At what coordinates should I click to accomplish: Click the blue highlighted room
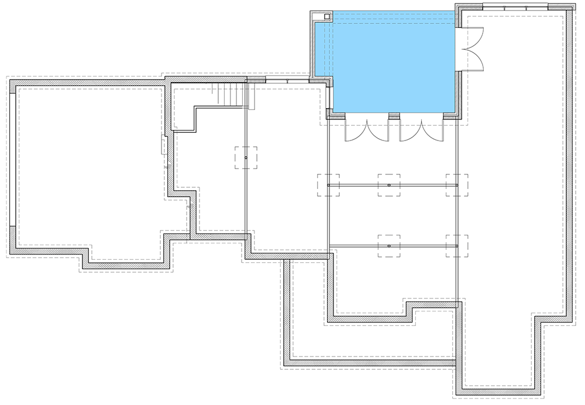[392, 64]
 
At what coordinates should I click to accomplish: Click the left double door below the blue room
[366, 130]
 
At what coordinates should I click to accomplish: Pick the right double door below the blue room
[422, 130]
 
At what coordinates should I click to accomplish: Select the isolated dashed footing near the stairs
[246, 158]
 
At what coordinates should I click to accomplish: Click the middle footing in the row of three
[389, 185]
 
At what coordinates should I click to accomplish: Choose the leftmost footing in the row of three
[328, 185]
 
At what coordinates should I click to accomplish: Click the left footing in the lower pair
[389, 246]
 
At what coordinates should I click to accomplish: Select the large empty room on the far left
[88, 170]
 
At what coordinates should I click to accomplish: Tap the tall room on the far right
[515, 176]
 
